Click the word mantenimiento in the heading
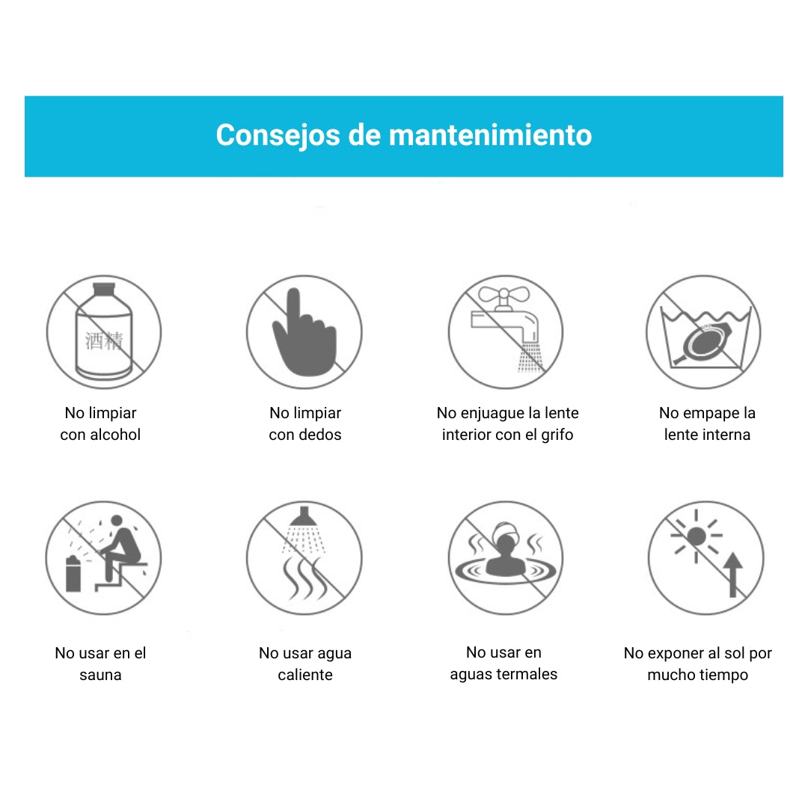pyautogui.click(x=490, y=135)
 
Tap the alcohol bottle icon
pyautogui.click(x=104, y=331)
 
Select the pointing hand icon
pyautogui.click(x=304, y=332)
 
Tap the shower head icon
pyautogui.click(x=304, y=516)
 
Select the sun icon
pyautogui.click(x=697, y=536)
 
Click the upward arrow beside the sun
pyautogui.click(x=732, y=575)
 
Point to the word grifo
pyautogui.click(x=557, y=435)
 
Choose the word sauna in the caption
pyautogui.click(x=100, y=675)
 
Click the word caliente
pyautogui.click(x=305, y=675)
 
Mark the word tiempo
pyautogui.click(x=723, y=675)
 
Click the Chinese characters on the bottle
pyautogui.click(x=104, y=341)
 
